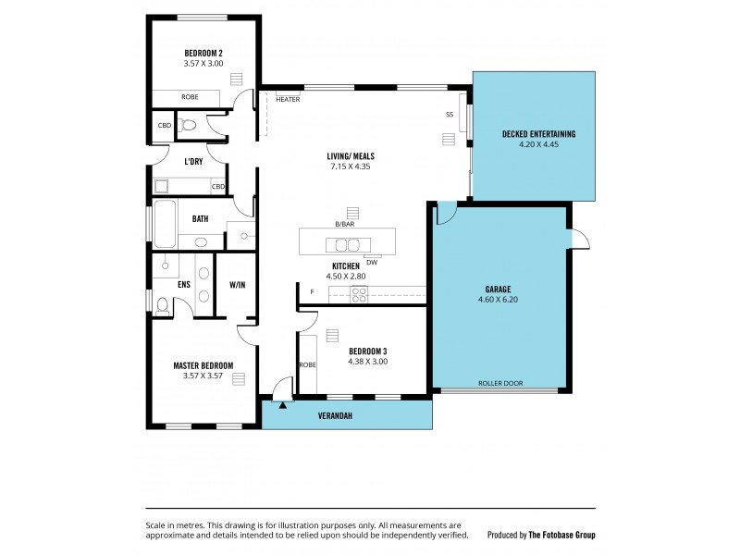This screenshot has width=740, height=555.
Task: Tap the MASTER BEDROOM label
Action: coord(203,365)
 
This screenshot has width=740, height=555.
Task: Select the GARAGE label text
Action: coord(498,289)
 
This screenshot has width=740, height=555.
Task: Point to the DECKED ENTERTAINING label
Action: coord(538,134)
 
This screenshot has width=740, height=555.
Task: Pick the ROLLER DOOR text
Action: coord(500,384)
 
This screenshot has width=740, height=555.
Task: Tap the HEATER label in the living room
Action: coord(288,99)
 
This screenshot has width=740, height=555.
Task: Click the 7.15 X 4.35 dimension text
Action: coord(351,167)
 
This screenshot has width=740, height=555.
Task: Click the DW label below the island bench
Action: coord(372,262)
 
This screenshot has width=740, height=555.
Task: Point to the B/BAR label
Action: coord(345,224)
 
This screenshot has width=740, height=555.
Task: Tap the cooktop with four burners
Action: coord(360,295)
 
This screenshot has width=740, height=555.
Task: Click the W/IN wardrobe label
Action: coord(238,285)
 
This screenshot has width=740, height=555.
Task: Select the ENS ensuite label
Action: coord(184,285)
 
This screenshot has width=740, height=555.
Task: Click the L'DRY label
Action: coord(193,162)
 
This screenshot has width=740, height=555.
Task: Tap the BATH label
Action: coord(200,219)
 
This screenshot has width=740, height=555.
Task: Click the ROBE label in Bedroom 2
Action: coord(190,96)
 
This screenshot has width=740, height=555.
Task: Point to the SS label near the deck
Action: coord(450,115)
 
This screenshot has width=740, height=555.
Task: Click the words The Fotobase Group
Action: coord(561,535)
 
